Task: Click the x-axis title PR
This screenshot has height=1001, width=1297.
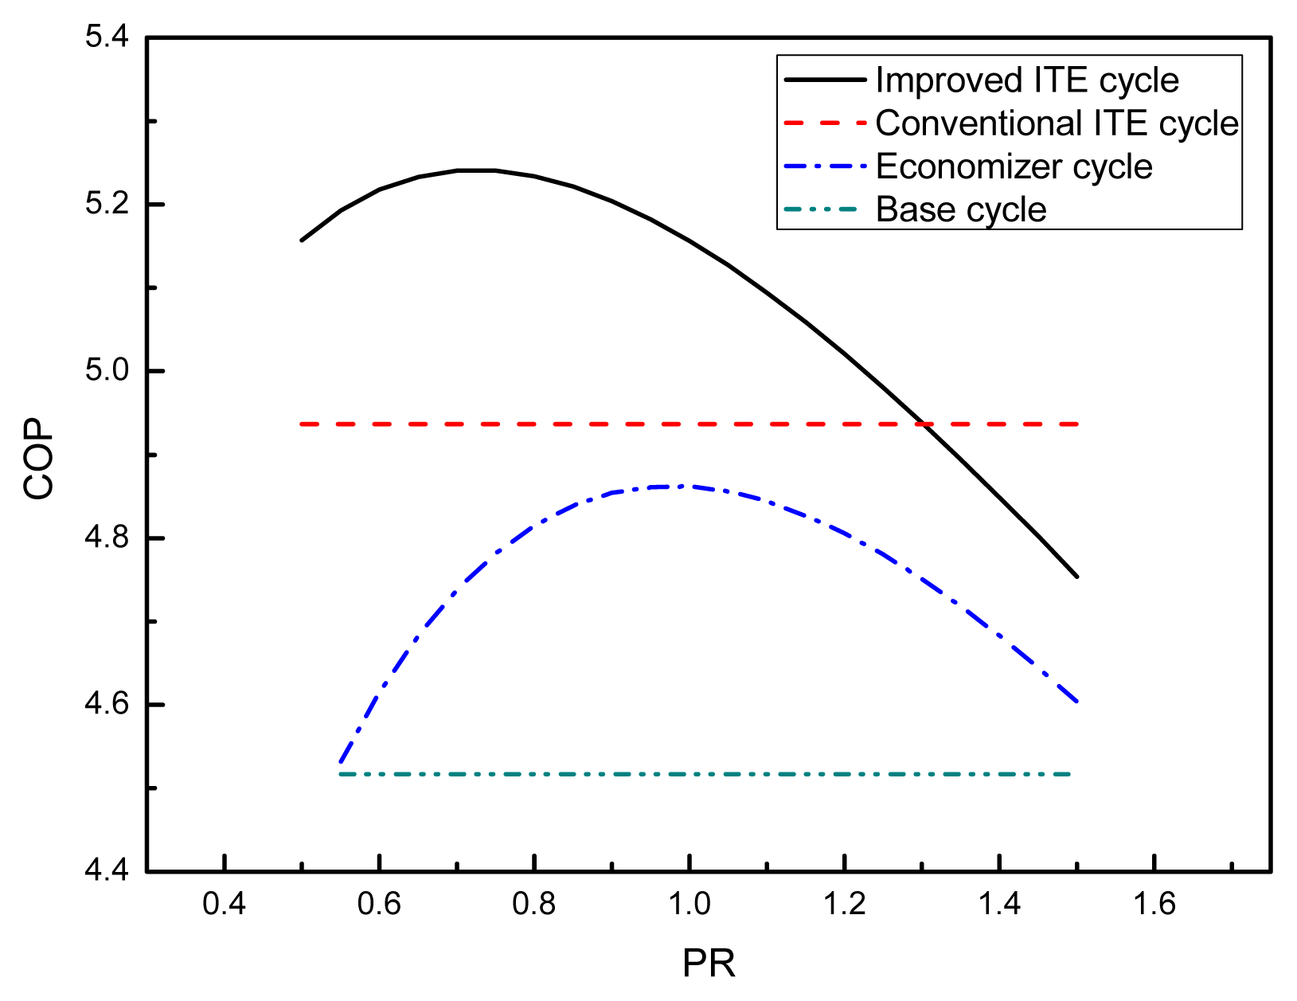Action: point(709,964)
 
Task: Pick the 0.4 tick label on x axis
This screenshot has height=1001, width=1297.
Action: point(225,905)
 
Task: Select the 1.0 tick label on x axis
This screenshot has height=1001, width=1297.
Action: point(690,905)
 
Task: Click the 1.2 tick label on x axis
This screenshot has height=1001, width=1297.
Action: point(845,905)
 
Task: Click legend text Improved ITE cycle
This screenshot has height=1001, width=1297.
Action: point(1027,80)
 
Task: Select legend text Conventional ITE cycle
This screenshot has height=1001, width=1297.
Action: point(1057,123)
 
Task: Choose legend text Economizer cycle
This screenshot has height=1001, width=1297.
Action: point(1014,166)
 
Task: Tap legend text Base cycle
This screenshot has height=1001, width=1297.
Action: point(961,209)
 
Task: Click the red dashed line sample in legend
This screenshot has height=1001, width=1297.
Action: point(825,123)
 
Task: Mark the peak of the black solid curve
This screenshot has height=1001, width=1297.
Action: point(476,170)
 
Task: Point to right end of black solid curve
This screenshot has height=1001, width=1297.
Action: point(1077,577)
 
